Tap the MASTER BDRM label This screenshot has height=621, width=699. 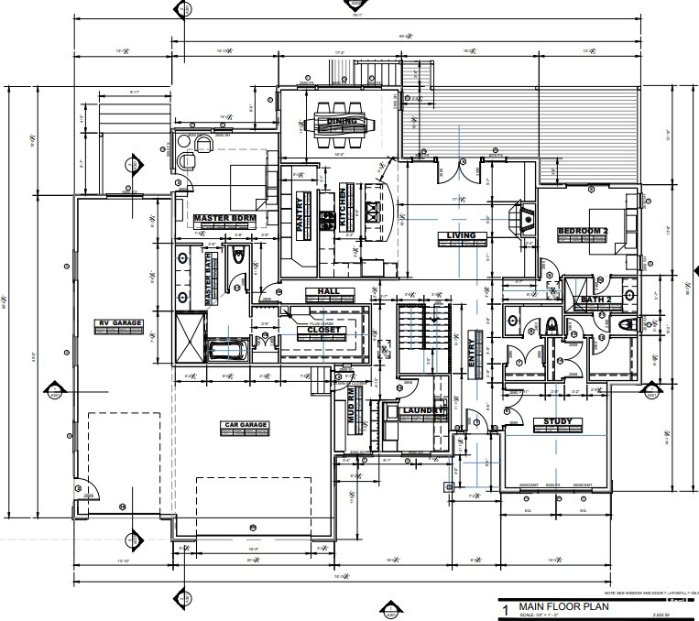pyautogui.click(x=224, y=218)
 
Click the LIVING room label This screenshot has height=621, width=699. pyautogui.click(x=460, y=235)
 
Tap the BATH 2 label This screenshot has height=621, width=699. pyautogui.click(x=596, y=300)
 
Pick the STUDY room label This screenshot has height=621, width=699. pyautogui.click(x=557, y=422)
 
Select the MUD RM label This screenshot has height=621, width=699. pyautogui.click(x=349, y=405)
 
